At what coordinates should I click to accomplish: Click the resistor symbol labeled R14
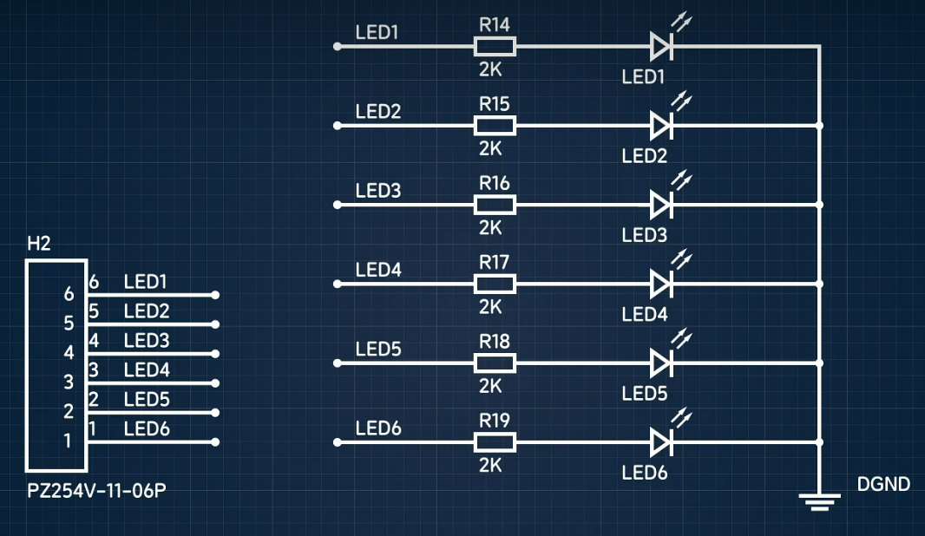pos(495,46)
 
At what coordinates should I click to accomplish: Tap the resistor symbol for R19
pos(495,442)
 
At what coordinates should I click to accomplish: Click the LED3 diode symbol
pos(661,205)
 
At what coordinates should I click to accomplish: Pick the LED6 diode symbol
pos(661,442)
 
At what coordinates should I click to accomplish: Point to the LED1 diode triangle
pos(661,46)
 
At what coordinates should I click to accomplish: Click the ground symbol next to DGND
pos(819,500)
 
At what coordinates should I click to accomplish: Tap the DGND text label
pos(883,484)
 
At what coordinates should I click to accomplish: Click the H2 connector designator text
pos(38,244)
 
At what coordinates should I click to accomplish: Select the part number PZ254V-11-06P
pos(96,491)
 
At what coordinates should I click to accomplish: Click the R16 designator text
pos(495,183)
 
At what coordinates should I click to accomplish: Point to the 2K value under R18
pos(490,386)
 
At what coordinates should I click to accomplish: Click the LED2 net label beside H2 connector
pos(147,310)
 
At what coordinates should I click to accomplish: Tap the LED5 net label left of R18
pos(378,349)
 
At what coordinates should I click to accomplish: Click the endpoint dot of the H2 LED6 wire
pos(215,442)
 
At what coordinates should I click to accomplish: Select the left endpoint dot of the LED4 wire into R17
pos(338,284)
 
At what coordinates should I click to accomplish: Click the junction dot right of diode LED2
pos(819,126)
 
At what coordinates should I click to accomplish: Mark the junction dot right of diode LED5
pos(819,363)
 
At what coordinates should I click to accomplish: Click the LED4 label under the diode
pos(645,314)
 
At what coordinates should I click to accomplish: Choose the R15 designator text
pos(495,104)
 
